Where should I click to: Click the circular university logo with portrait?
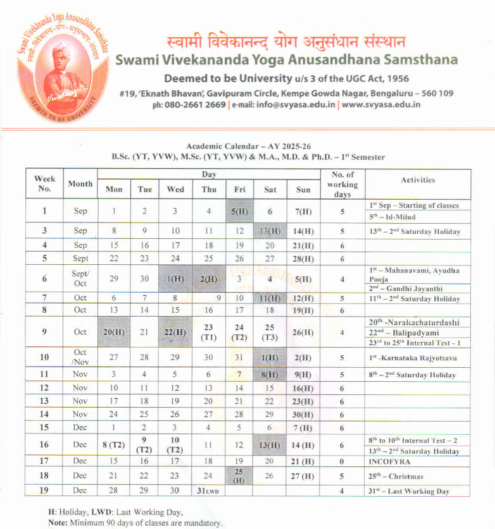(x=62, y=72)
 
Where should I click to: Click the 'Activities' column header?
(x=418, y=179)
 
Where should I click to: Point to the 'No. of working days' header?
(x=342, y=185)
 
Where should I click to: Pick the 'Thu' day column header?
(x=209, y=189)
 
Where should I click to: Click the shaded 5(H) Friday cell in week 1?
(x=239, y=211)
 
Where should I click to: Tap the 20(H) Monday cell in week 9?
(x=114, y=332)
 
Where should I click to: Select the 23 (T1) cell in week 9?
(x=209, y=332)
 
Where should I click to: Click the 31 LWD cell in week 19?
(x=209, y=491)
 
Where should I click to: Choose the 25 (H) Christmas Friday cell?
(x=239, y=476)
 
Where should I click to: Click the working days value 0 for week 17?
(x=342, y=461)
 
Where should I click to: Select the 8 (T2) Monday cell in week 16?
(x=114, y=444)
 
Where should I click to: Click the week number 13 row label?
(x=44, y=401)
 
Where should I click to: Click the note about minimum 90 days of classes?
(x=135, y=523)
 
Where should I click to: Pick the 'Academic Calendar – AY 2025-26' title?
(x=248, y=146)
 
